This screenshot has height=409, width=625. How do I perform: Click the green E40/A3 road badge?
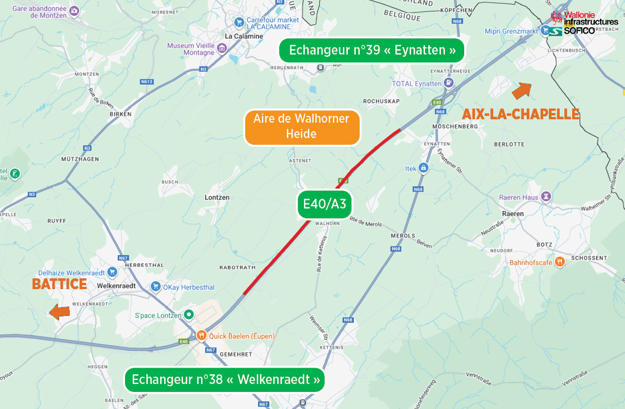click(x=325, y=204)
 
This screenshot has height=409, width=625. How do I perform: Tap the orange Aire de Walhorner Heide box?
click(x=302, y=127)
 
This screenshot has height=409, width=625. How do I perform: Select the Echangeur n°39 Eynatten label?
click(x=372, y=51)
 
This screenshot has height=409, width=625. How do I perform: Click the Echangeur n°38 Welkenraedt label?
click(x=225, y=379)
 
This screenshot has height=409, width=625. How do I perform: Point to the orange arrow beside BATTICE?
click(x=59, y=311)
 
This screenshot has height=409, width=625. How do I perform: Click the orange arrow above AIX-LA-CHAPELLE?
click(x=521, y=90)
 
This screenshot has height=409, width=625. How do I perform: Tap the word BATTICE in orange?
click(x=60, y=284)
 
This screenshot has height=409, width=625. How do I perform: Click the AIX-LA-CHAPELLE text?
click(x=520, y=114)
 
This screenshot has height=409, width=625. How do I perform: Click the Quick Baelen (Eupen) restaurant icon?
click(x=201, y=336)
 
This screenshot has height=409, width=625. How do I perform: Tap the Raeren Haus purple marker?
click(x=547, y=197)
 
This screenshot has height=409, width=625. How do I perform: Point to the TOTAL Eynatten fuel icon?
click(x=448, y=84)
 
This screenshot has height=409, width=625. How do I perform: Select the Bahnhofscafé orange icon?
click(x=560, y=262)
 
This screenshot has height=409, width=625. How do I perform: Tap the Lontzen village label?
click(x=216, y=197)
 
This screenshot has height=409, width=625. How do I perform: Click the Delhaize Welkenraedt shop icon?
click(x=112, y=272)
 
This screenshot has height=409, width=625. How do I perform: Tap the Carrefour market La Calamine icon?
click(x=239, y=22)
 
